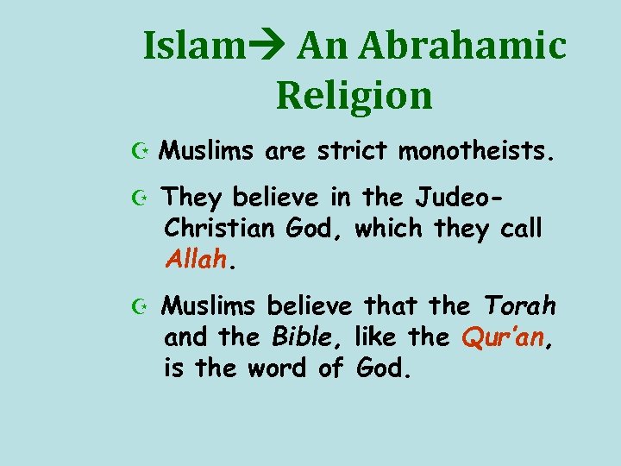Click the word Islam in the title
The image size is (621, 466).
point(191,46)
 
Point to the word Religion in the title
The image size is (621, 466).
point(354,95)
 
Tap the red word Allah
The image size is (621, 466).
point(194,260)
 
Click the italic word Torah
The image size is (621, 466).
point(519,305)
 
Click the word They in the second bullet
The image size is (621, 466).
point(192,198)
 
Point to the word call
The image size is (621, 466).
point(518,229)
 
